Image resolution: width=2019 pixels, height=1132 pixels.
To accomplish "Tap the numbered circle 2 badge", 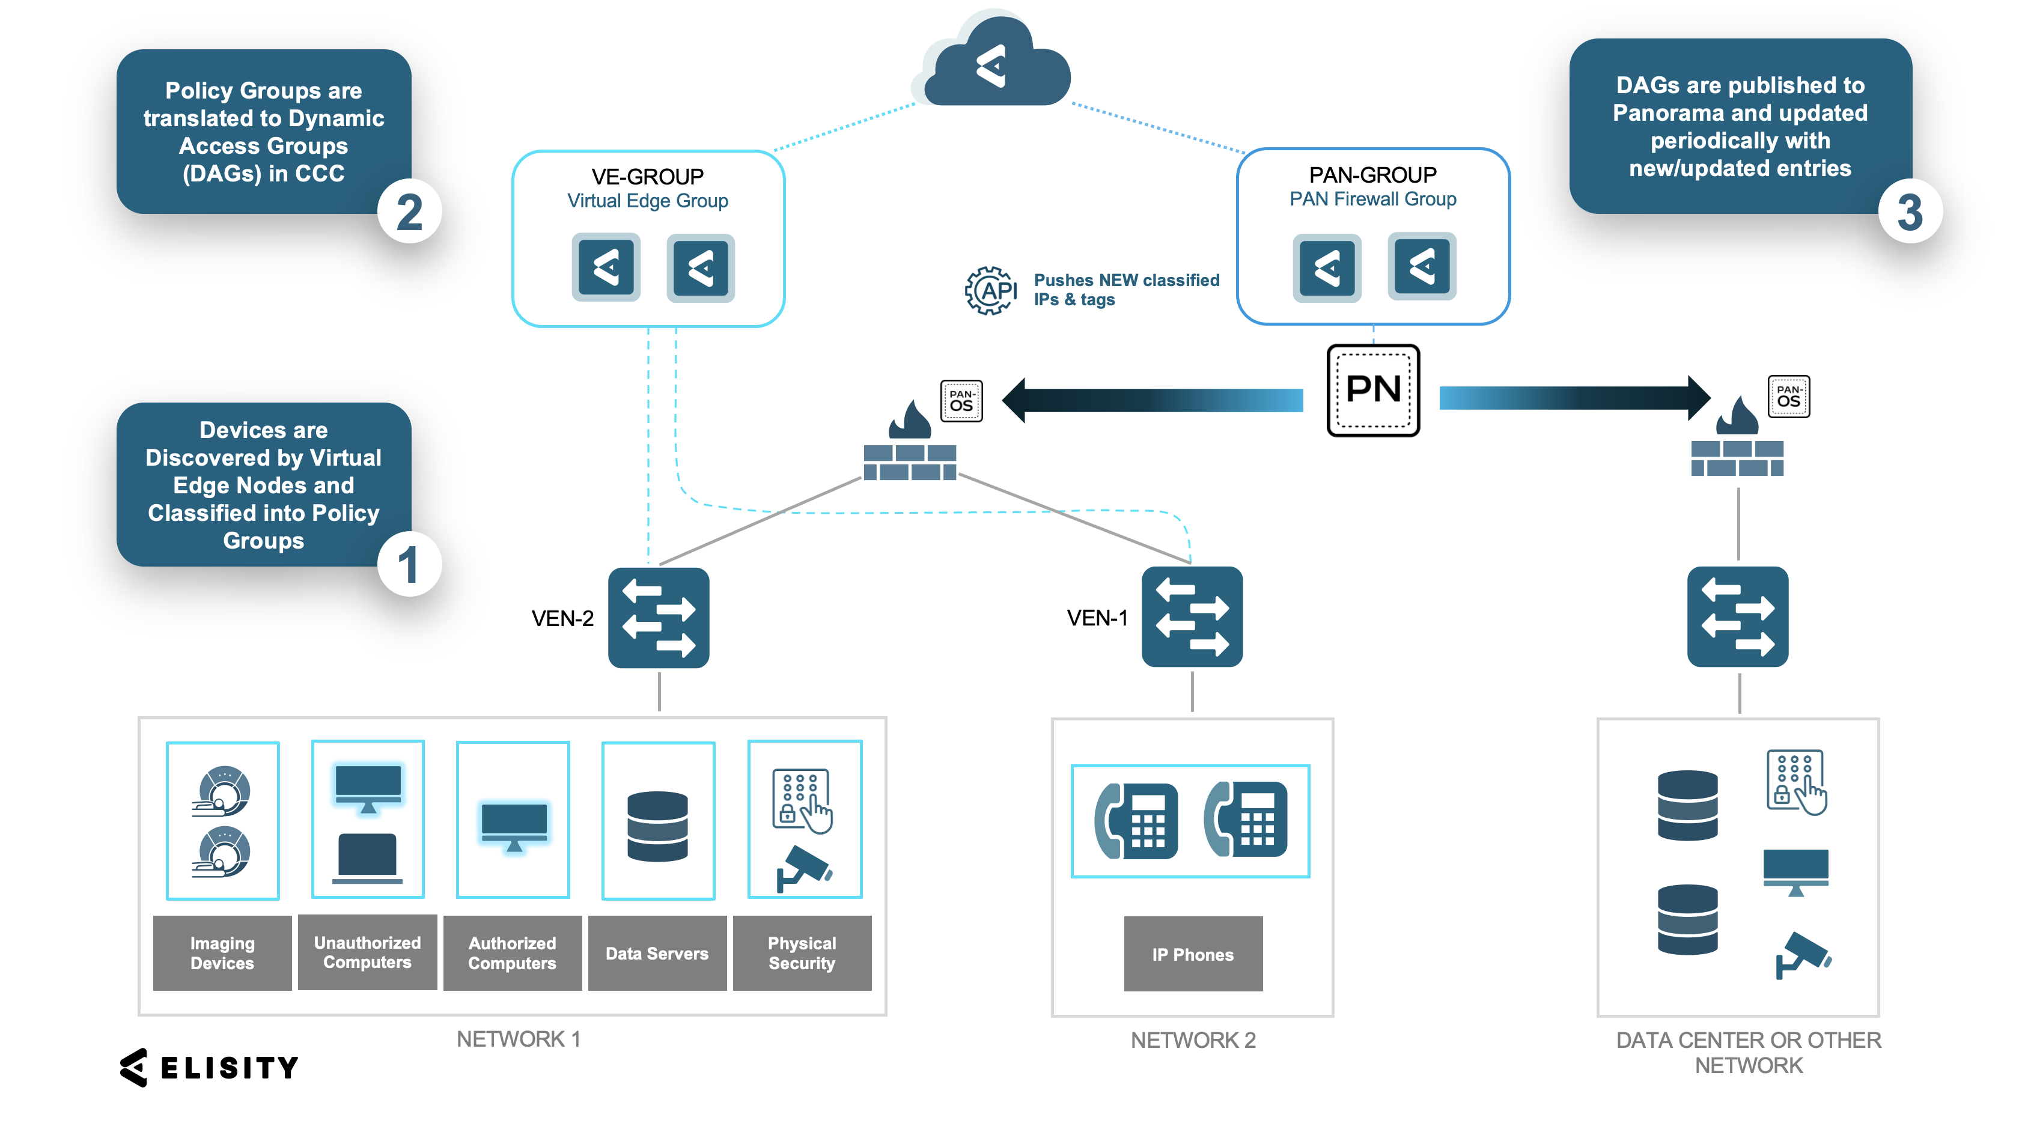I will [x=409, y=211].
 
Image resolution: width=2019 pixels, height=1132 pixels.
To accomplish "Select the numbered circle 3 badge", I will [x=1909, y=211].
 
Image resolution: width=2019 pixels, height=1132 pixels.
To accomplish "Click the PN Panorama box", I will [x=1372, y=389].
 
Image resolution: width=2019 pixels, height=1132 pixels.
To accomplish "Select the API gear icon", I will [x=991, y=291].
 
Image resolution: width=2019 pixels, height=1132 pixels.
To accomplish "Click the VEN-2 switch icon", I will [x=659, y=618].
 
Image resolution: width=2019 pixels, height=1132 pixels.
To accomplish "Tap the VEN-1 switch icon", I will [x=1192, y=617].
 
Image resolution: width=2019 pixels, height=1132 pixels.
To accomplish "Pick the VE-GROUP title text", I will [x=647, y=177].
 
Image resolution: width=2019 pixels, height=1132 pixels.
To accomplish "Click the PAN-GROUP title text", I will [x=1372, y=175].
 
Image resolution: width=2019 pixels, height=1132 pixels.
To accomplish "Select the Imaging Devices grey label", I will [x=222, y=952].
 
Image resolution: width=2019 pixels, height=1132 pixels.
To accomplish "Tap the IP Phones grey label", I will [x=1192, y=954].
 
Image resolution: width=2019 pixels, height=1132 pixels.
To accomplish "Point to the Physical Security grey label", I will [x=802, y=952].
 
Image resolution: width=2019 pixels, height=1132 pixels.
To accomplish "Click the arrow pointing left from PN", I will [x=1152, y=400].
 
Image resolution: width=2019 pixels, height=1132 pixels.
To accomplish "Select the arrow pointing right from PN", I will [x=1576, y=398].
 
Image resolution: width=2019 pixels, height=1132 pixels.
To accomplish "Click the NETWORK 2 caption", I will [x=1192, y=1040].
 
